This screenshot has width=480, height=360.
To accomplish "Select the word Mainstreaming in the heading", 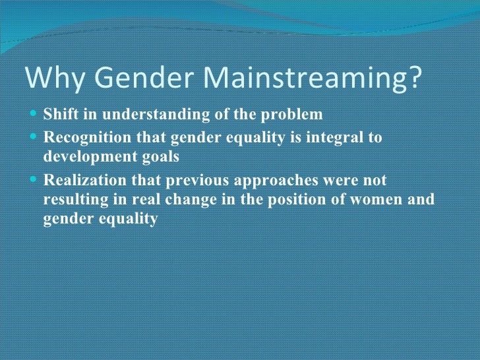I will pos(305,78).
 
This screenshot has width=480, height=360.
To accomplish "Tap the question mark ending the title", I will pos(412,78).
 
